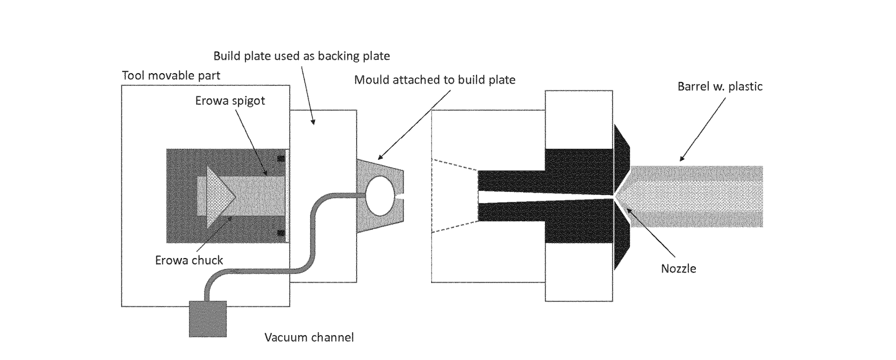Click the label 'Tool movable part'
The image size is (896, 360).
click(171, 76)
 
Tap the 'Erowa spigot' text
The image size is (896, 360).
click(230, 101)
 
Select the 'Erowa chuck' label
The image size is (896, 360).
click(189, 260)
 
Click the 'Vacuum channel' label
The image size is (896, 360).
click(309, 337)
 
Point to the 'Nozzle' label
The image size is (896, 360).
click(679, 268)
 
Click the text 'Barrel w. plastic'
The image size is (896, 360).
click(720, 86)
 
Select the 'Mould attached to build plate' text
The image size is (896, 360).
click(434, 80)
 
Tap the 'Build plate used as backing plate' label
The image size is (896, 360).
click(301, 56)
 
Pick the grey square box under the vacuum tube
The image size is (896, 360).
click(208, 318)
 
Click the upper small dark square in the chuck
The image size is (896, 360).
click(280, 158)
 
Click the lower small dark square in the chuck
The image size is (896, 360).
click(280, 233)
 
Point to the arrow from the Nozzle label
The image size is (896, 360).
click(651, 233)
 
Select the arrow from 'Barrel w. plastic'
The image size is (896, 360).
click(702, 129)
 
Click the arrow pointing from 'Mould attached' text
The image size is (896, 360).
click(413, 124)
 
